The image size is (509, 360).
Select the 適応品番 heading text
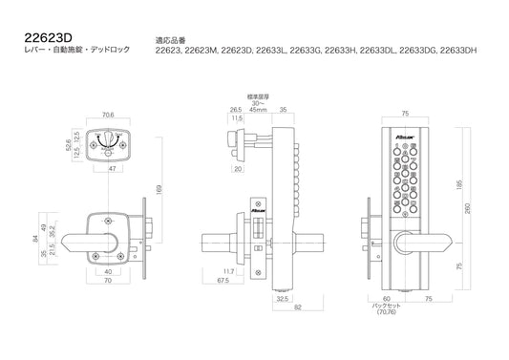171,42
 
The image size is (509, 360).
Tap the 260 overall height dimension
467,210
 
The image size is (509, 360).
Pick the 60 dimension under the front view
386,297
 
